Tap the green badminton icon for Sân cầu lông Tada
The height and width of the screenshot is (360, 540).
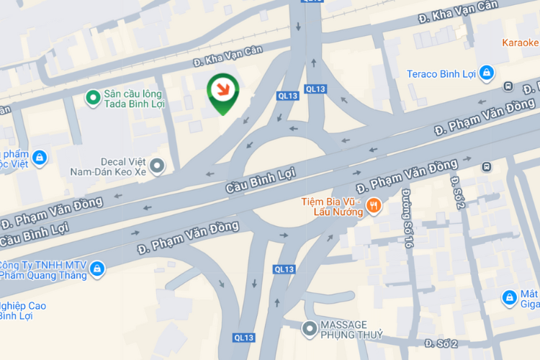tap(93, 96)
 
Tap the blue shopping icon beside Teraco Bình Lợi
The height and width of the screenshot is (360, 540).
tap(487, 73)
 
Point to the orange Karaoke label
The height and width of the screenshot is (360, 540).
tap(521, 42)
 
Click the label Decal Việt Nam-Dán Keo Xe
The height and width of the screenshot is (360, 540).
tap(108, 167)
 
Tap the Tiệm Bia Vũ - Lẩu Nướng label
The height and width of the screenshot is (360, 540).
tap(332, 207)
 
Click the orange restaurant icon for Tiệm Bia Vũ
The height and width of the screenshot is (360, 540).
tap(373, 207)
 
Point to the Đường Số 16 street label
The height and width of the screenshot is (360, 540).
tap(408, 219)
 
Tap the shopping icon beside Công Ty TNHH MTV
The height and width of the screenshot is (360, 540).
tap(97, 269)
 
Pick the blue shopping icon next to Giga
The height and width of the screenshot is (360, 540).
tap(509, 297)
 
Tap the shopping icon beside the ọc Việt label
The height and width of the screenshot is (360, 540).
tap(39, 157)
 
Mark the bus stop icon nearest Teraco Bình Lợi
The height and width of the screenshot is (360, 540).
tap(508, 86)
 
